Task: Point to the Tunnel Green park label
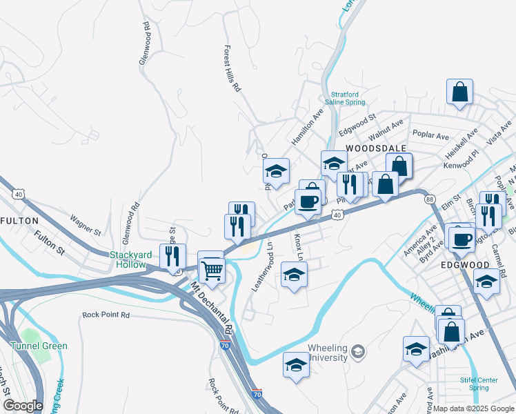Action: point(39,346)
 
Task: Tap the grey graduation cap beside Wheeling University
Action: point(357,353)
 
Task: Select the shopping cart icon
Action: point(212,268)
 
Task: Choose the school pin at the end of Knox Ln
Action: point(295,275)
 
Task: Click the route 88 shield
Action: point(430,199)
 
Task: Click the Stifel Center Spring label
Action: point(479,384)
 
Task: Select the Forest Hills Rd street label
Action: point(231,69)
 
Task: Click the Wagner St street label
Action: point(86,224)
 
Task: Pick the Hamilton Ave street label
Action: point(307,127)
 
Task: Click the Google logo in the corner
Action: point(22,406)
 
